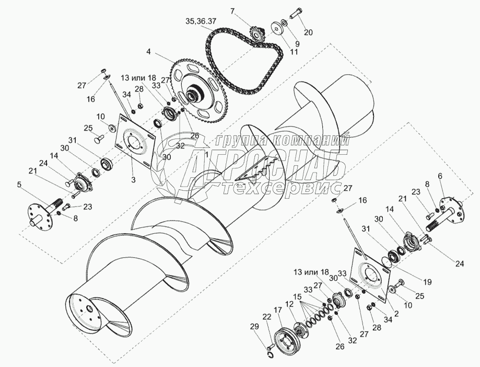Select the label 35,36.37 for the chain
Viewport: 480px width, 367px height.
click(201, 21)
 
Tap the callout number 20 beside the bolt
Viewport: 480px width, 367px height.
click(308, 32)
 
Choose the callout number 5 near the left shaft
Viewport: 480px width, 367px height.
click(19, 185)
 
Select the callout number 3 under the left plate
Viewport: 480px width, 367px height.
click(133, 179)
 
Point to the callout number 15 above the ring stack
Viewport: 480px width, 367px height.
click(297, 297)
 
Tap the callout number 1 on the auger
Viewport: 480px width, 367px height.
click(207, 155)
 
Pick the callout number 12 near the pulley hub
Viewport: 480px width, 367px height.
click(289, 304)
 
